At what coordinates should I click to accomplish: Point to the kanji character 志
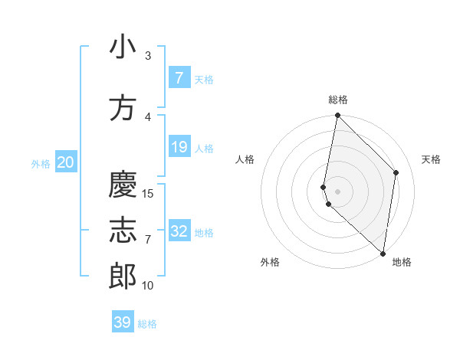[123, 231]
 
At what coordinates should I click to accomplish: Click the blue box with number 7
[179, 78]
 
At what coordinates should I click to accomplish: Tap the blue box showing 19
[179, 147]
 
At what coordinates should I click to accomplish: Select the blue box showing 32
[179, 231]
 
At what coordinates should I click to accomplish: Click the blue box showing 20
[66, 162]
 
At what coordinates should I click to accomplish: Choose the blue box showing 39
[123, 322]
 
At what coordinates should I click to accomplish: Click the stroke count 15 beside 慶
[148, 194]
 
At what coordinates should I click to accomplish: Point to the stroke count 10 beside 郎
[148, 286]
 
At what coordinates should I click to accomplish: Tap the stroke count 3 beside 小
[148, 56]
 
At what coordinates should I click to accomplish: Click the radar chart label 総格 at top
[337, 100]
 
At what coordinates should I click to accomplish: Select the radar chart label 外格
[270, 262]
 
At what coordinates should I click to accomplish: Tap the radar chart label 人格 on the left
[245, 159]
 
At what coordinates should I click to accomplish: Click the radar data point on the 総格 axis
[337, 116]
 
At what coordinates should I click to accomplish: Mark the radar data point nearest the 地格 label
[383, 253]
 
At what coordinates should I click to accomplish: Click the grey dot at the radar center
[337, 191]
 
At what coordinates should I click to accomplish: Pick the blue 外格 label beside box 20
[41, 163]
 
